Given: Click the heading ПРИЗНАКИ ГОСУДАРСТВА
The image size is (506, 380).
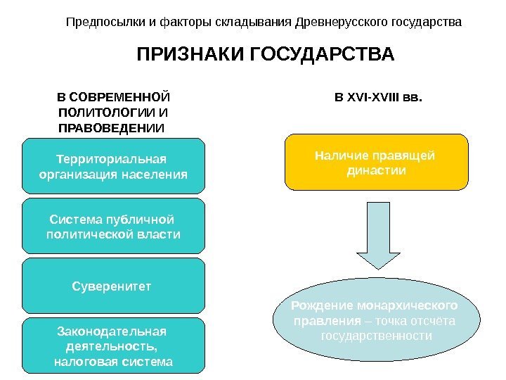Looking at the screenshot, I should pyautogui.click(x=265, y=55).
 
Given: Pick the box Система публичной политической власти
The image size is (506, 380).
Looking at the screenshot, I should pyautogui.click(x=113, y=226).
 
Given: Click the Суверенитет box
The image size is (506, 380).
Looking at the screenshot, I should pyautogui.click(x=113, y=286).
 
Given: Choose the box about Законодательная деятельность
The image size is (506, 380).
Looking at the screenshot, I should pyautogui.click(x=113, y=346).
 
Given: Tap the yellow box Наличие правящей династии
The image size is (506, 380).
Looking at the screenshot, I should pyautogui.click(x=376, y=163).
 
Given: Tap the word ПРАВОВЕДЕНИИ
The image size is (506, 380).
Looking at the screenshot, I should pyautogui.click(x=111, y=128).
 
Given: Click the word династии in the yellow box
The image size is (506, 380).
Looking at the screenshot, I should pyautogui.click(x=377, y=170).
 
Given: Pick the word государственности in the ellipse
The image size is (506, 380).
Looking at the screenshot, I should pyautogui.click(x=376, y=336).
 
